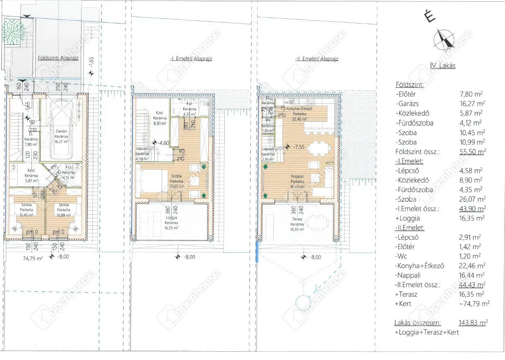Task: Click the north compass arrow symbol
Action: [x=444, y=40]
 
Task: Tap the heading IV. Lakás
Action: [x=443, y=65]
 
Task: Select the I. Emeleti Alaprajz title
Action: [x=191, y=59]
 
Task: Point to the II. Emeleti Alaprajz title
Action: [x=317, y=59]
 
